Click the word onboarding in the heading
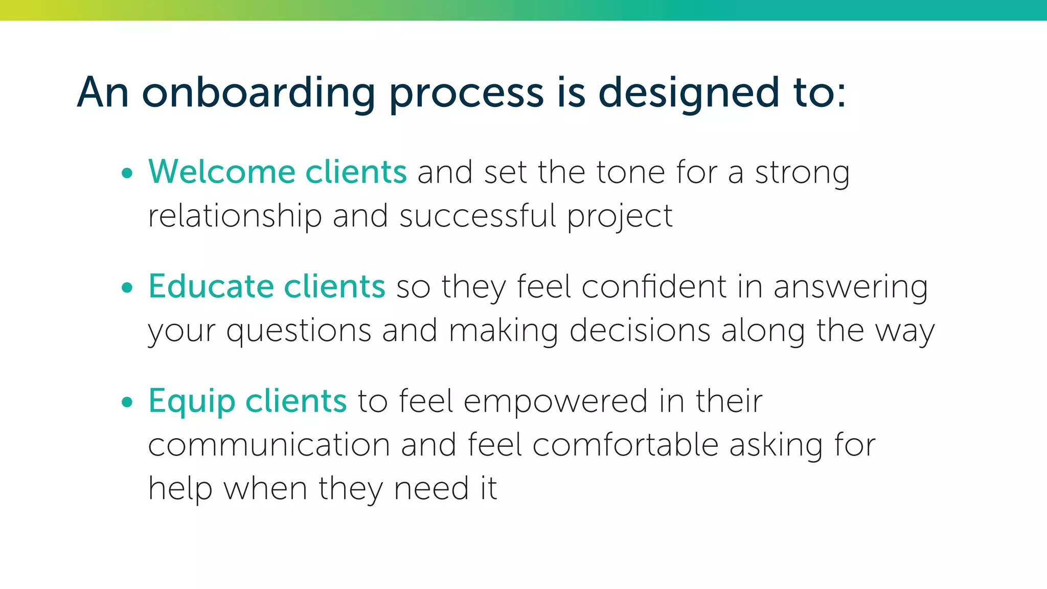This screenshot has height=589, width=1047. tap(259, 93)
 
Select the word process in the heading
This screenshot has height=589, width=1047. tap(466, 93)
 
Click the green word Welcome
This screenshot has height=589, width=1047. tap(221, 172)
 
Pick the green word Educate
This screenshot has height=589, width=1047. tap(211, 286)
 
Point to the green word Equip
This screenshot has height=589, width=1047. tap(192, 402)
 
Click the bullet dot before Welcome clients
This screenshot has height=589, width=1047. tap(127, 173)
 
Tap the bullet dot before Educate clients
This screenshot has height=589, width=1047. tap(127, 288)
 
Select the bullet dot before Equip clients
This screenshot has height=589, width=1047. tap(127, 402)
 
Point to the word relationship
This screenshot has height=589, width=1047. tap(235, 216)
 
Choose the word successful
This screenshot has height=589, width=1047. tap(477, 216)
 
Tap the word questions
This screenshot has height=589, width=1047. tap(299, 331)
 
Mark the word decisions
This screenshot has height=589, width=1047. tap(640, 330)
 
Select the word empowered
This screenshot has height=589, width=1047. tap(556, 401)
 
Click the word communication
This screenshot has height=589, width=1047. tap(269, 445)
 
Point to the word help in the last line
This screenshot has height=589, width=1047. tap(180, 489)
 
